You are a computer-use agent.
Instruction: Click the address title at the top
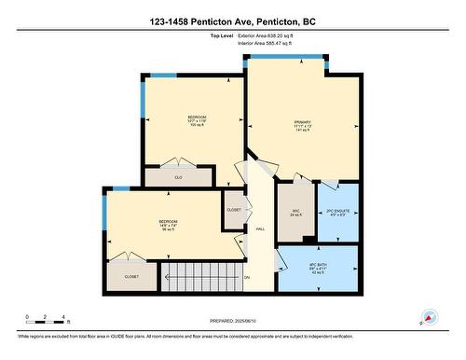(x=233, y=21)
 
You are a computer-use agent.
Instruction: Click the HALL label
(x=261, y=229)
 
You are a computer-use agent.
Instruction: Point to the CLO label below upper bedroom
(x=178, y=175)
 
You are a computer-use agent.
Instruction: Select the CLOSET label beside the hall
(x=234, y=210)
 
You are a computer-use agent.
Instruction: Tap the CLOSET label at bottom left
(x=131, y=276)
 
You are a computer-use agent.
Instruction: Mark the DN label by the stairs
(x=247, y=278)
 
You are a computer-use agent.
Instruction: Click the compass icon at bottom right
(x=430, y=317)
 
